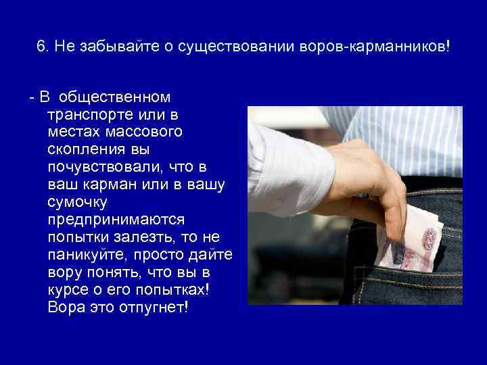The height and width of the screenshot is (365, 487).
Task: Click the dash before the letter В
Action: point(31,99)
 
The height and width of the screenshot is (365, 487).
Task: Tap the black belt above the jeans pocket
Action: point(433,182)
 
